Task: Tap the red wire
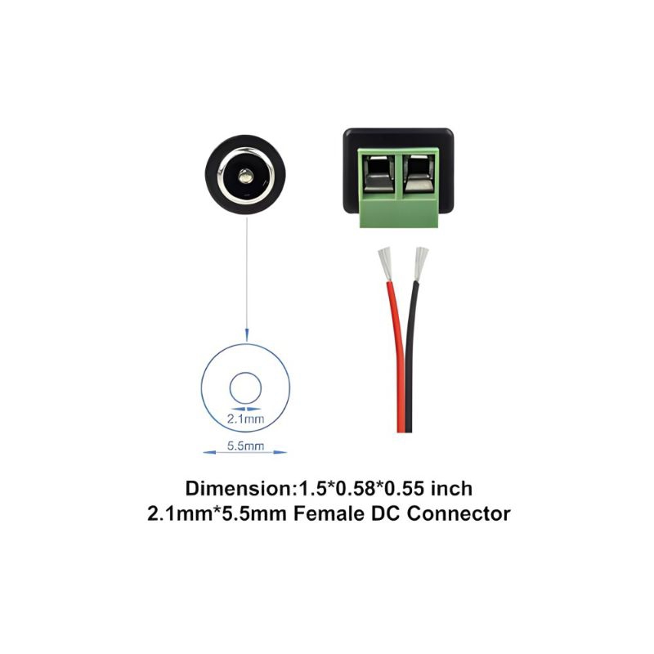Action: click(396, 360)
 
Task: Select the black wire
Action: click(414, 360)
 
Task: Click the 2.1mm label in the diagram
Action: click(244, 419)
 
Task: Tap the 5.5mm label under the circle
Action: click(244, 446)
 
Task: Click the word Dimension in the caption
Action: click(238, 489)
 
